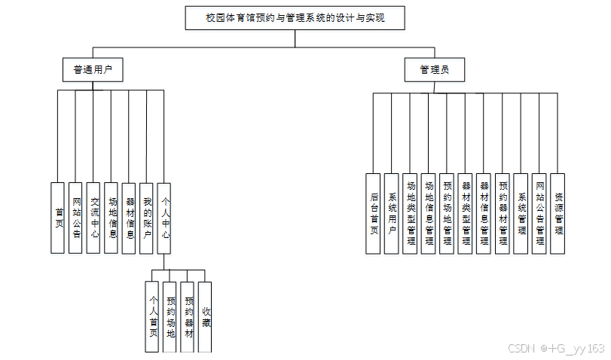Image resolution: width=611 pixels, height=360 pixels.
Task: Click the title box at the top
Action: (295, 18)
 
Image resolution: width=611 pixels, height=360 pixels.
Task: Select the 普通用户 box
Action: (93, 70)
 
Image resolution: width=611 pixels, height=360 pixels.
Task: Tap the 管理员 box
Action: (435, 71)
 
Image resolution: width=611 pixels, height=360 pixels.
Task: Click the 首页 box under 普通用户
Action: (58, 218)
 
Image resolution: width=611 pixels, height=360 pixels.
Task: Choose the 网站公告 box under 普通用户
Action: (75, 218)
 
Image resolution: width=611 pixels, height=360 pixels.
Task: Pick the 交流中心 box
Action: (93, 218)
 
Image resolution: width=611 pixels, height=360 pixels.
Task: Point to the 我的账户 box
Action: (147, 218)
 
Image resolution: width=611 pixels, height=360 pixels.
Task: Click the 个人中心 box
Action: (165, 218)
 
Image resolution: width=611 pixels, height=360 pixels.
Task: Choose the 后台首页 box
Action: (373, 214)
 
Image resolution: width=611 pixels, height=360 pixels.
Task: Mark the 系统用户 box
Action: (391, 214)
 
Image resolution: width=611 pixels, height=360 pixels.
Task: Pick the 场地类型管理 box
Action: (410, 214)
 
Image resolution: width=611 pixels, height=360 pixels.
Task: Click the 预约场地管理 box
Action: (447, 214)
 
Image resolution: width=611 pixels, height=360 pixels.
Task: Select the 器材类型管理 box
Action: (465, 214)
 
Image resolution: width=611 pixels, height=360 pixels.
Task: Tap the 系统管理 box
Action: (521, 214)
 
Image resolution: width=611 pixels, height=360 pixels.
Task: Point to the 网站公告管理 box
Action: (539, 214)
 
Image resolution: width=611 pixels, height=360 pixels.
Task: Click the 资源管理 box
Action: (558, 214)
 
